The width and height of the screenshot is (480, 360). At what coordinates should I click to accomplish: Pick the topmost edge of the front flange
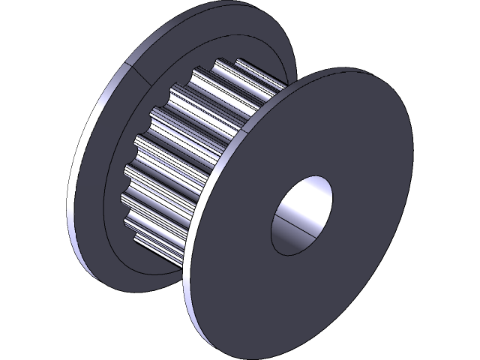360,69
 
